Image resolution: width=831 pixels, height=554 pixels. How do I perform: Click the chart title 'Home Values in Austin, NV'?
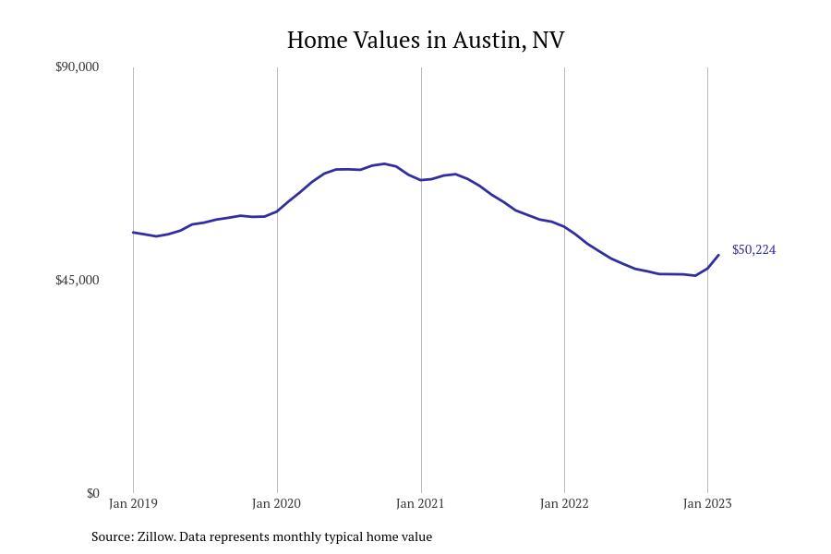click(x=426, y=41)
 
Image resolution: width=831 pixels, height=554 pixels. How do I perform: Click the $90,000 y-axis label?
click(x=77, y=67)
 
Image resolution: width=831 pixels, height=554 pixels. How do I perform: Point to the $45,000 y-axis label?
click(x=77, y=281)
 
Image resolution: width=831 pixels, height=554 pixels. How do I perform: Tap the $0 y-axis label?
click(x=92, y=494)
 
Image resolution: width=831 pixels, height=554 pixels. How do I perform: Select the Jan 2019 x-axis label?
click(x=133, y=504)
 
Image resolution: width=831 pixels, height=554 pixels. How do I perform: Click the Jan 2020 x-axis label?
click(x=276, y=504)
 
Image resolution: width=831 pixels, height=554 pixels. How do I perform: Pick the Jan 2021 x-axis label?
click(x=420, y=504)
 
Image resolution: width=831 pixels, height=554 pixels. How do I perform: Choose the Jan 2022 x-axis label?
click(x=564, y=504)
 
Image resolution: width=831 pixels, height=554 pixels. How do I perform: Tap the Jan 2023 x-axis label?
click(x=707, y=504)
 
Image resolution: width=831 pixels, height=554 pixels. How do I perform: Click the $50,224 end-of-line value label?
click(x=753, y=250)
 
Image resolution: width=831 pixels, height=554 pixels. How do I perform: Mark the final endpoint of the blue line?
click(x=718, y=255)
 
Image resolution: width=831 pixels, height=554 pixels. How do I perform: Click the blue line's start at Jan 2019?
click(x=133, y=233)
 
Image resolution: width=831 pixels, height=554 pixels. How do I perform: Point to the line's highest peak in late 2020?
click(x=384, y=163)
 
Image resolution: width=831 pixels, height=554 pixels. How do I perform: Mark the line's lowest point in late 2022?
click(x=695, y=275)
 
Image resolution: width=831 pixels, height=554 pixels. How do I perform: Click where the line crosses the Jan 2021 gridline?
click(x=421, y=180)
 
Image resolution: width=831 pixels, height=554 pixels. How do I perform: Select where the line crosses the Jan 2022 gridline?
click(x=564, y=226)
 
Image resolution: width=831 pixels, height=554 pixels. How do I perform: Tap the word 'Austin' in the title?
click(x=489, y=41)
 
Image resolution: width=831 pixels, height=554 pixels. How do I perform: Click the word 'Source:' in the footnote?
click(x=112, y=536)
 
